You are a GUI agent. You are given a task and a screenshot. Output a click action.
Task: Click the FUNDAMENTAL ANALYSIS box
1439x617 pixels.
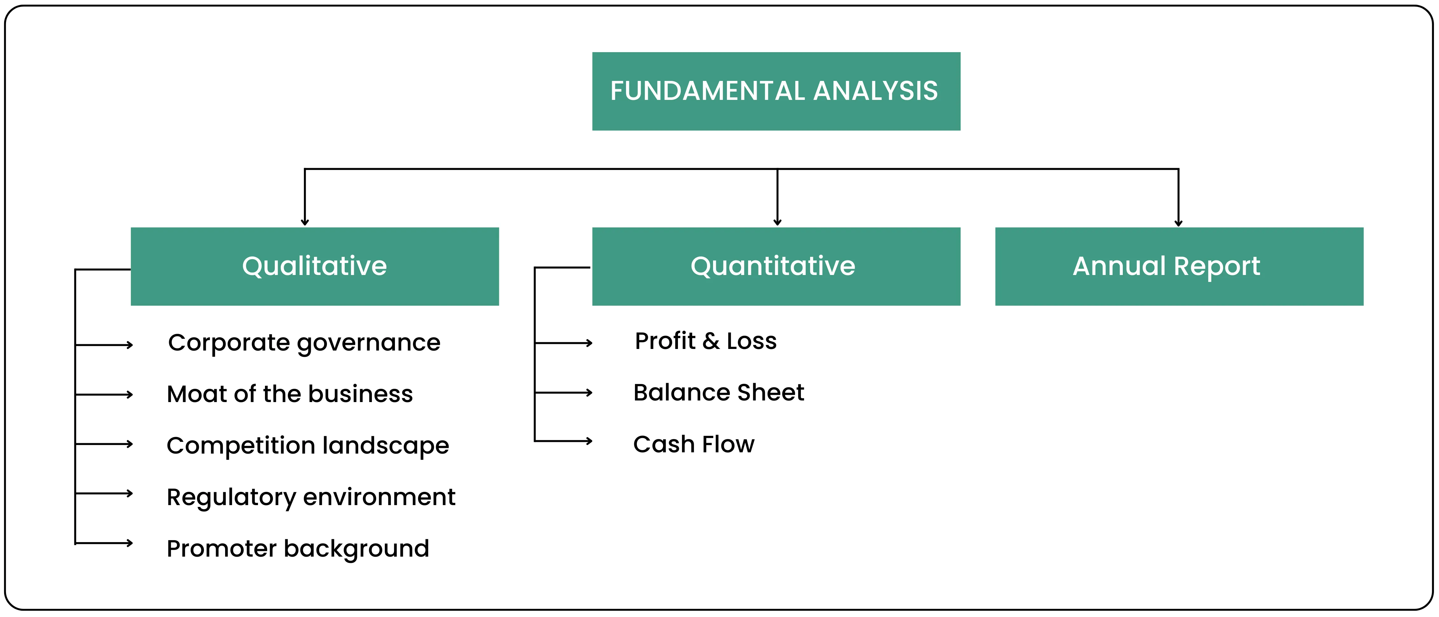click(776, 91)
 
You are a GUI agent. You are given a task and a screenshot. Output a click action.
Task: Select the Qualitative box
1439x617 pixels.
click(315, 266)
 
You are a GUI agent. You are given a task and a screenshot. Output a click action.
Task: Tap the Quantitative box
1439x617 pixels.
click(776, 266)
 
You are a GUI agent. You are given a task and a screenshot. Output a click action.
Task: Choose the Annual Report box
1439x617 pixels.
click(1179, 266)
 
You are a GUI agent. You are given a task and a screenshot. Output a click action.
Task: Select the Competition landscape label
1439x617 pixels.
click(307, 446)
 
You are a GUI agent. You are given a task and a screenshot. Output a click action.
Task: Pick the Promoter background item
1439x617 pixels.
click(298, 549)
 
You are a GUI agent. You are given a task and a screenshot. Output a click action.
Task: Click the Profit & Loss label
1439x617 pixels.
click(705, 341)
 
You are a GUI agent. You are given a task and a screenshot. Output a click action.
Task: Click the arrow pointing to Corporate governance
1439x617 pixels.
click(105, 345)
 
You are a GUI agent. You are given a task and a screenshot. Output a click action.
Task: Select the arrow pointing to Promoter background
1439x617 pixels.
click(105, 543)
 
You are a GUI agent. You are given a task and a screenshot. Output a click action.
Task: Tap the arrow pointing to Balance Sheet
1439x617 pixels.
click(564, 393)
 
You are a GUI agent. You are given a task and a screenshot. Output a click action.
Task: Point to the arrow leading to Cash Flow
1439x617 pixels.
click(564, 441)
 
